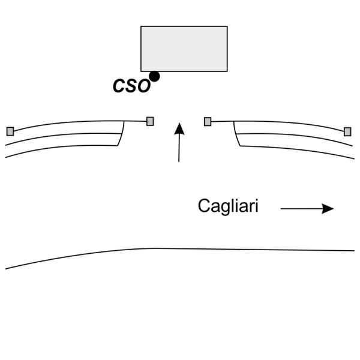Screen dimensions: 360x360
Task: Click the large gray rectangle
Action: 184,49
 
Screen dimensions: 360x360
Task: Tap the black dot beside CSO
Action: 154,76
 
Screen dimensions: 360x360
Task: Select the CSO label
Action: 131,86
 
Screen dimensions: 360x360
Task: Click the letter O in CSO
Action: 142,86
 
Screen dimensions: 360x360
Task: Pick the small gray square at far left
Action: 10,131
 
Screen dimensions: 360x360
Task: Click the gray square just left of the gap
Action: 150,121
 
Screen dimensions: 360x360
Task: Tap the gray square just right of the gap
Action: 208,121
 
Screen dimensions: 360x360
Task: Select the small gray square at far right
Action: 347,131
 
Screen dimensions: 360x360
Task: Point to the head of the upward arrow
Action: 178,126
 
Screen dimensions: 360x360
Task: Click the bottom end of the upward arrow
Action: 179,161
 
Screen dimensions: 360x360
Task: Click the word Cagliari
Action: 228,207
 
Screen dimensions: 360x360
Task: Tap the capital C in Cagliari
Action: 203,206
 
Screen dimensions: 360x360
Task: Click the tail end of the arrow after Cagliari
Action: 281,209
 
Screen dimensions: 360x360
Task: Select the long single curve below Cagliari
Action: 180,249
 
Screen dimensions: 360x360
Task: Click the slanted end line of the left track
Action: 122,133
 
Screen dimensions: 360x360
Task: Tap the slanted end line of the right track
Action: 236,134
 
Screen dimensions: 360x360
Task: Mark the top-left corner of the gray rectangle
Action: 141,26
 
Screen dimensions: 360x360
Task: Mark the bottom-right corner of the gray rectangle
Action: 227,71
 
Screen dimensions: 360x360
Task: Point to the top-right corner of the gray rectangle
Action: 227,26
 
